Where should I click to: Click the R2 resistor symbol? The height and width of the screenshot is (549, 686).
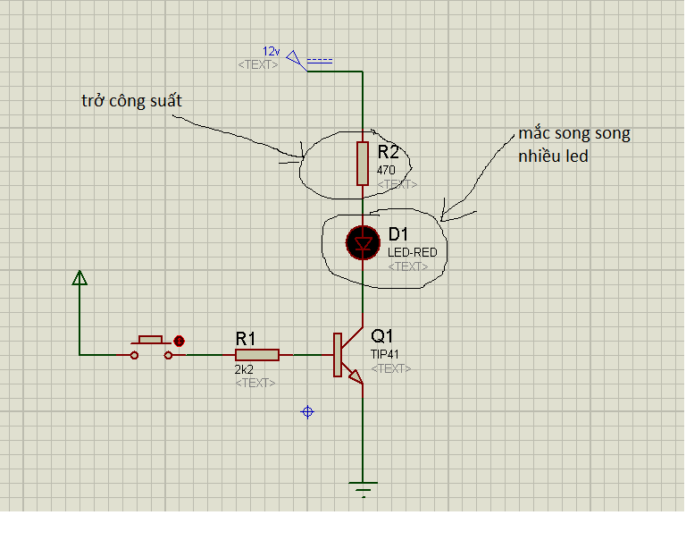(x=363, y=163)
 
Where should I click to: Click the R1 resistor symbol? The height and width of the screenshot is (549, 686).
(x=257, y=355)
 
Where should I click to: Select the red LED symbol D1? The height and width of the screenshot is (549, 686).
(x=363, y=242)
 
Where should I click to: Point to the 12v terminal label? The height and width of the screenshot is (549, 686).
(x=271, y=51)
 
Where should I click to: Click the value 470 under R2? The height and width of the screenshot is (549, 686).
(x=386, y=169)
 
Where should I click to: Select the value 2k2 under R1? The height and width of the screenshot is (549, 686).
(x=245, y=369)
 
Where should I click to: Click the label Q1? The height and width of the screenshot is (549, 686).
(x=382, y=337)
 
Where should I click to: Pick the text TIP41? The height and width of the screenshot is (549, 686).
(x=386, y=354)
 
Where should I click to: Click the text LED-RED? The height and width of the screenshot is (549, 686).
(x=412, y=253)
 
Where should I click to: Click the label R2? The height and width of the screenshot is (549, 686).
(x=389, y=151)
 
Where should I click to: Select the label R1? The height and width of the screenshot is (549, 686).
(x=246, y=338)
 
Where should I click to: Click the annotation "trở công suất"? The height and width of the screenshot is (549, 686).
(x=131, y=101)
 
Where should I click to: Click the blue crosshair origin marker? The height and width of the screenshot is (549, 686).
(x=307, y=411)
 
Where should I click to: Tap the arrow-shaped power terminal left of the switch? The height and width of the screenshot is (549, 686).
(x=79, y=280)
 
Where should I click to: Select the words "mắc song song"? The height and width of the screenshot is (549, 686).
(x=574, y=134)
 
